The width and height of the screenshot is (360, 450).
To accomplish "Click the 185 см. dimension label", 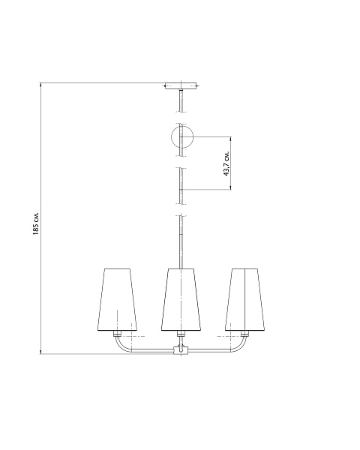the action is [x=35, y=224].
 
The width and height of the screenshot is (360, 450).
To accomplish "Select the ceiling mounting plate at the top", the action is [x=181, y=86].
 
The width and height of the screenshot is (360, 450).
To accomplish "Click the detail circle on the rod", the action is [x=182, y=136].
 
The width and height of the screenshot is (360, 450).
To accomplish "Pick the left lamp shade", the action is [x=117, y=299].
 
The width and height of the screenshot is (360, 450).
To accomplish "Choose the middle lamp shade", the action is [x=181, y=299].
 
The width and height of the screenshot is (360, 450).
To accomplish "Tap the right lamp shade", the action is [x=245, y=299].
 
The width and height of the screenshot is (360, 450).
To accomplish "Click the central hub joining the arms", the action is [x=181, y=350].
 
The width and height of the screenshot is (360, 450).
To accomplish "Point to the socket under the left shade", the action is [x=117, y=334].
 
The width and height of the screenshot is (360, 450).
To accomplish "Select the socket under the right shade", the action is [x=244, y=334].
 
